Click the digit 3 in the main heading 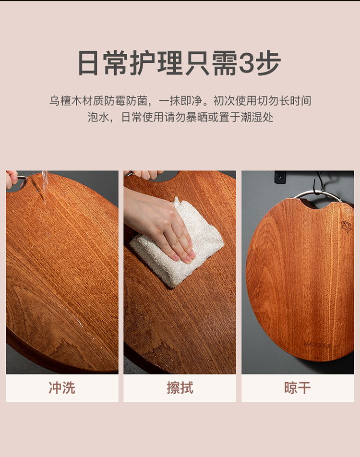[x=247, y=63]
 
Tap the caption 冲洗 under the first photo [x=62, y=388]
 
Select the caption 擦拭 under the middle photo [x=180, y=388]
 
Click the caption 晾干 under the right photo [x=298, y=388]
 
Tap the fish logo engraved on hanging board [x=346, y=227]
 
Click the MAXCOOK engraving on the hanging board [x=317, y=345]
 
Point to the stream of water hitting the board [x=45, y=187]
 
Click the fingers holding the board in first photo [x=12, y=179]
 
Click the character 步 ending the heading [x=268, y=63]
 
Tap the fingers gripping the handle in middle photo [x=147, y=175]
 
